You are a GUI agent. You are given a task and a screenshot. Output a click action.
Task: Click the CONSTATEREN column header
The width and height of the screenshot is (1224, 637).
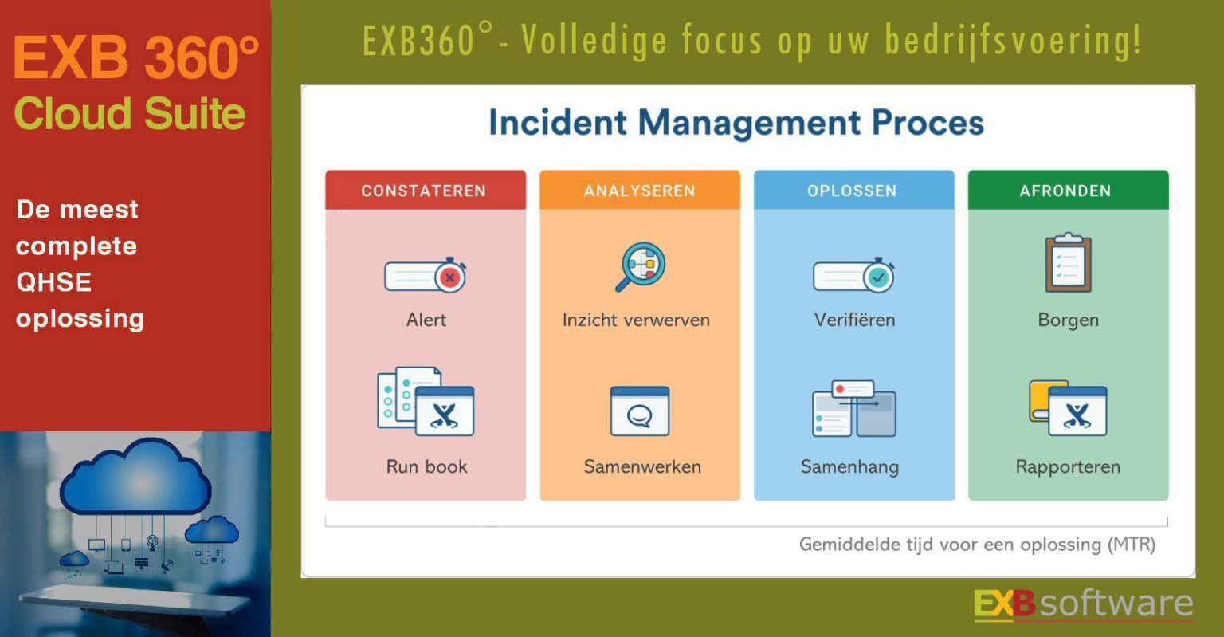[x=425, y=191]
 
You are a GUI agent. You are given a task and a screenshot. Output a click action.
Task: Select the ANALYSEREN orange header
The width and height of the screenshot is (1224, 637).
[x=639, y=191]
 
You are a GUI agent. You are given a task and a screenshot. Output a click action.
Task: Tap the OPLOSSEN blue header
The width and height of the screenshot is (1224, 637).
[x=853, y=191]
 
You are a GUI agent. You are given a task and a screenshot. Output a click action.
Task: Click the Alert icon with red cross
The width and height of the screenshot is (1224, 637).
[x=426, y=276]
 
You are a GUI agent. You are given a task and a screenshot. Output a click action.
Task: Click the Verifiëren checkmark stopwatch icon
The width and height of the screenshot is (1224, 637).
[x=854, y=276]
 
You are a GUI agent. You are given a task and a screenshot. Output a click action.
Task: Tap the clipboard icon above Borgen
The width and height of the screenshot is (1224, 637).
[x=1068, y=263]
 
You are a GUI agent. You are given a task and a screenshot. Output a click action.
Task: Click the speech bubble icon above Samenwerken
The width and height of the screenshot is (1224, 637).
[x=640, y=411]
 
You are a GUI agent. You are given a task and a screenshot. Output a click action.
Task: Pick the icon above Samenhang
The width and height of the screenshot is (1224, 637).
[x=854, y=409]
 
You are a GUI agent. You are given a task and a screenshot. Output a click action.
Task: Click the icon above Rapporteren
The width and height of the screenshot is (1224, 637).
[x=1068, y=409]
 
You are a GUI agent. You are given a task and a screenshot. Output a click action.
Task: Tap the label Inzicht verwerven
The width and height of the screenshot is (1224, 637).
[x=636, y=320]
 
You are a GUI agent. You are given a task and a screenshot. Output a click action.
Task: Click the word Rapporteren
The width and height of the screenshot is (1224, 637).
[x=1068, y=467]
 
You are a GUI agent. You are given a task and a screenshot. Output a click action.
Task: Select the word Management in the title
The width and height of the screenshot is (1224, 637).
[x=750, y=124]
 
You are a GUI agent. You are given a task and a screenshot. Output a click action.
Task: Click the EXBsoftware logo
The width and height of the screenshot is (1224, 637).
[x=1083, y=604]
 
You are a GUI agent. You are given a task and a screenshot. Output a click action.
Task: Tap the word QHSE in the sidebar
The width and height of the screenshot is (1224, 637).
[x=53, y=282]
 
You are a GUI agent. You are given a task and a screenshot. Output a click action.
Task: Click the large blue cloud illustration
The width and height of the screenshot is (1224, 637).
[x=135, y=478]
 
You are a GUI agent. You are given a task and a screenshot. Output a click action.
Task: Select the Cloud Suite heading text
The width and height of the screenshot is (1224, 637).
[x=130, y=114]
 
